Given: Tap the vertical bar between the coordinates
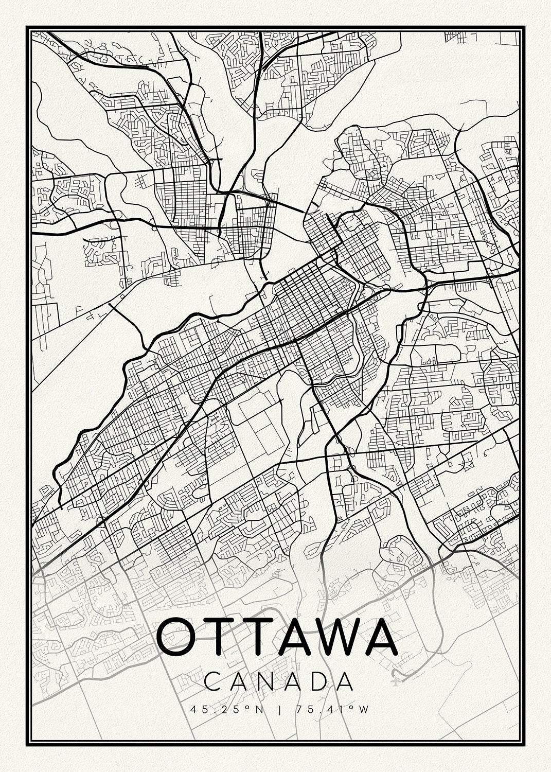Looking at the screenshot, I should click(280, 710).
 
